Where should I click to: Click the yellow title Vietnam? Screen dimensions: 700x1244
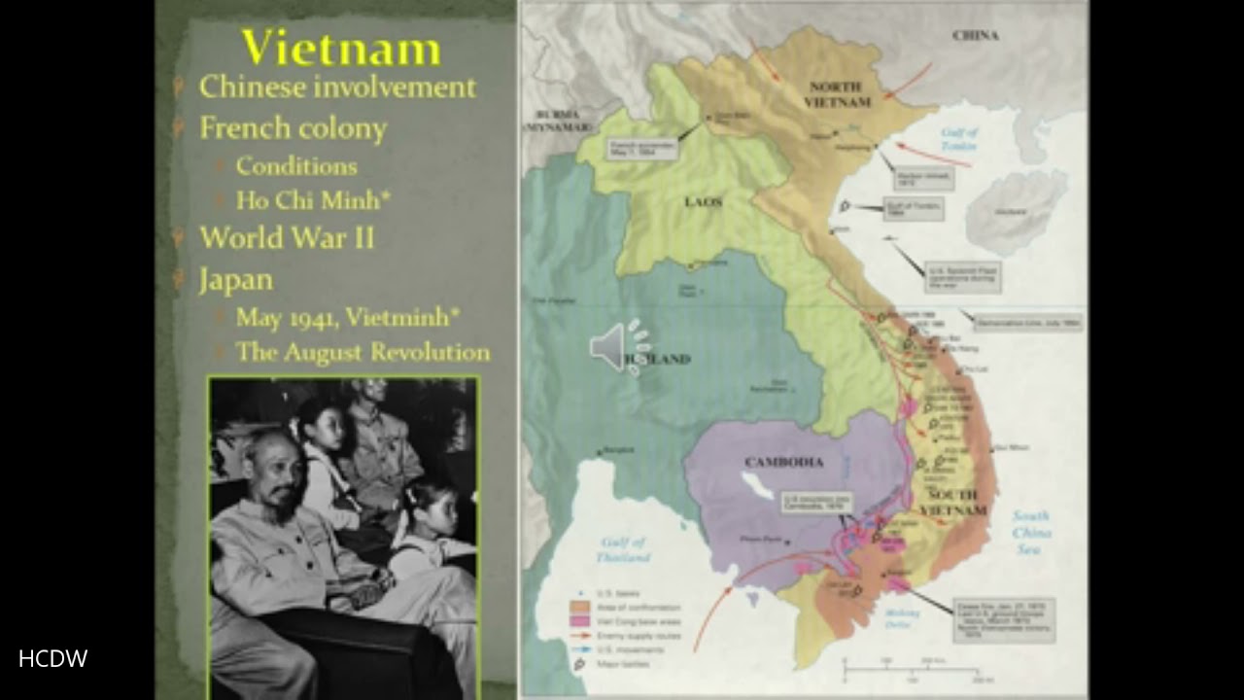tap(340, 48)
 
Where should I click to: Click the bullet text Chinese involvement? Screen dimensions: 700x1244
tap(337, 87)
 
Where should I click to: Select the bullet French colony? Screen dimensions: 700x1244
tap(293, 128)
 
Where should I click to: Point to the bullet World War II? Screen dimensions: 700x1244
tap(287, 238)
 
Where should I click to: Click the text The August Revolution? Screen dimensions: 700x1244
tap(363, 352)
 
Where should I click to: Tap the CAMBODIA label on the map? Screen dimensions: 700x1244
tap(783, 462)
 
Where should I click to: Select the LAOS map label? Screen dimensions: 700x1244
tap(703, 202)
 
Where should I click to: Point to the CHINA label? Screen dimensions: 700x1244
tap(975, 35)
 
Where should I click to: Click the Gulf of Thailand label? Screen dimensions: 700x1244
tap(624, 549)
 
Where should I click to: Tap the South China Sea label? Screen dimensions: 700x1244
tap(1030, 533)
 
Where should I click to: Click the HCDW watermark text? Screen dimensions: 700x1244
tap(52, 659)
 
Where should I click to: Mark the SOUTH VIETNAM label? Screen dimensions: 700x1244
tap(952, 502)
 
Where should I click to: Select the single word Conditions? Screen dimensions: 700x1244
tap(295, 166)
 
